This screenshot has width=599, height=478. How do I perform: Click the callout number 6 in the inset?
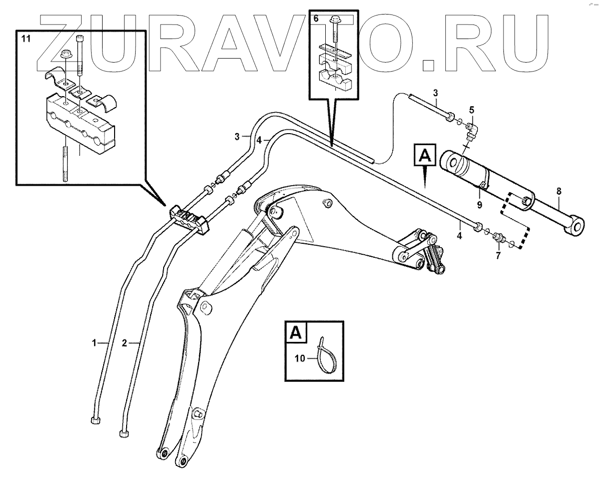(x=315, y=19)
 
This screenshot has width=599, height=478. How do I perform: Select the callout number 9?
(x=479, y=204)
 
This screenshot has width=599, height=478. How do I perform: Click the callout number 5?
(x=471, y=109)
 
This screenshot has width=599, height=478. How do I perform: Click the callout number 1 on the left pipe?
(x=94, y=342)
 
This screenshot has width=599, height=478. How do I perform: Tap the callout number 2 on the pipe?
(x=124, y=343)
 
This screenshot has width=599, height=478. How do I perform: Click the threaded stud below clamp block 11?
(x=65, y=163)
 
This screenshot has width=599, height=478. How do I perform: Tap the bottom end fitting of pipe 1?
(x=95, y=420)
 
